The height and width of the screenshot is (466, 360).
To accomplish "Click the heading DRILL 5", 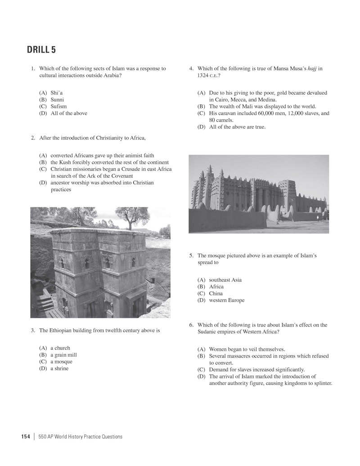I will (x=41, y=50).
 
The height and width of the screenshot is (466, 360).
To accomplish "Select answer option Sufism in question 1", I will (x=61, y=107).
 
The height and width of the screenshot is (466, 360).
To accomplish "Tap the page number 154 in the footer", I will (x=25, y=436).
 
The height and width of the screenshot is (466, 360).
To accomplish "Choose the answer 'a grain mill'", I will (x=63, y=355).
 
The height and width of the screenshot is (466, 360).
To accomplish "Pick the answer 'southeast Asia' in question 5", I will (x=225, y=280).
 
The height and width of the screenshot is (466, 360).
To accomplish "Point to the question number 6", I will (x=191, y=325).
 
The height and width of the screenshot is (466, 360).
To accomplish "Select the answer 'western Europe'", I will (x=227, y=300).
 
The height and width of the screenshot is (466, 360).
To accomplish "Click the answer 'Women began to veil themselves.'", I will (x=247, y=349).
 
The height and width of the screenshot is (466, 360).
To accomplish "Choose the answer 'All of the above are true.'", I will (x=237, y=127).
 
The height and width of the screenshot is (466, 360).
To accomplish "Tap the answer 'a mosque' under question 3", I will (x=61, y=362).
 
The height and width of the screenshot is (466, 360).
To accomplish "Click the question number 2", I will (x=33, y=138).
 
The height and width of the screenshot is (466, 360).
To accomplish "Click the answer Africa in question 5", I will (x=216, y=287).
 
